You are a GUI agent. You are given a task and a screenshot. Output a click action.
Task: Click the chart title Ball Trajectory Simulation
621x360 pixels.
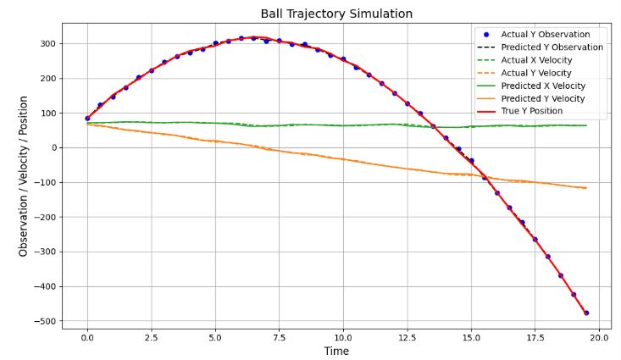coord(336,14)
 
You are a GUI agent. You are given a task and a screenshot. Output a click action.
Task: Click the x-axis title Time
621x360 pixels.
coord(336,351)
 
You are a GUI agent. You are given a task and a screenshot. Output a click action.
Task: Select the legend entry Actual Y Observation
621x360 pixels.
coord(550,35)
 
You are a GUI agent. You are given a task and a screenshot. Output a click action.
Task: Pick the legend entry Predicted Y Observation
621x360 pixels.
coord(552,47)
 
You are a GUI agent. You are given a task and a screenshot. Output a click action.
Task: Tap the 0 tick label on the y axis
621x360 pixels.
coord(53,148)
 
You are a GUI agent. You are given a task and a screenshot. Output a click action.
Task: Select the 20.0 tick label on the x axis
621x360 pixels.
coord(599,337)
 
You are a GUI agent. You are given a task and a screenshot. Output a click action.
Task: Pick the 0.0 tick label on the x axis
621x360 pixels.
coord(87,337)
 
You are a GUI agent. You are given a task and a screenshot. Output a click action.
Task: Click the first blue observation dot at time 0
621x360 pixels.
coord(87,119)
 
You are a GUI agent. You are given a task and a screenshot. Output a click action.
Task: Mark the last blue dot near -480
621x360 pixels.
coord(586,313)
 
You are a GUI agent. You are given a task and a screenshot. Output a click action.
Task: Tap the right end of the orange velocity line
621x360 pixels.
coord(586,188)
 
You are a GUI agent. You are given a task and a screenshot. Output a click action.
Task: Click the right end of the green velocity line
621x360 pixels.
coord(586,125)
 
